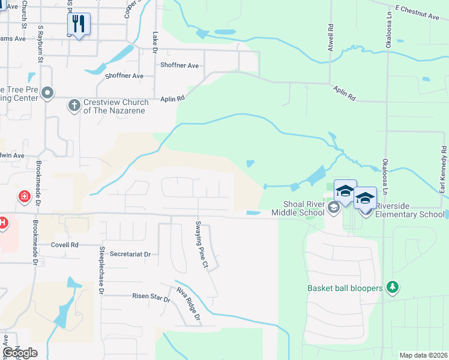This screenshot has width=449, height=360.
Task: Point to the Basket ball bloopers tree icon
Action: point(393,288)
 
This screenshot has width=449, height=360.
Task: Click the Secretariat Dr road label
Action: point(130,254)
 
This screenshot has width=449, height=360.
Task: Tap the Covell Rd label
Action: point(65,245)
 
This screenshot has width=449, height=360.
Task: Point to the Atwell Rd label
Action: point(330,37)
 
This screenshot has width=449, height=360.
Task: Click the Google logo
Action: point(20,353)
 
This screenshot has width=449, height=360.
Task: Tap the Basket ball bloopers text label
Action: point(345,288)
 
